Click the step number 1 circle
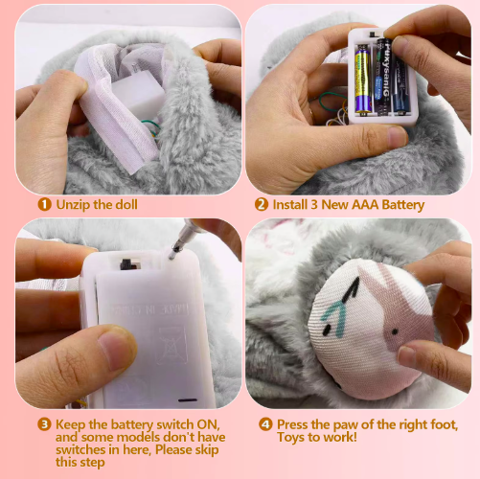click(44, 204)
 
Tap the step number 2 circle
click(262, 204)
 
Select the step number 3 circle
click(44, 424)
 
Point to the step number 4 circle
click(265, 424)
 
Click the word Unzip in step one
click(72, 205)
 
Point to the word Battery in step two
click(403, 205)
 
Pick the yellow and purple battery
click(363, 80)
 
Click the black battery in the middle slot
click(383, 76)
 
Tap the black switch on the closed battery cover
click(126, 263)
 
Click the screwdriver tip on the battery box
click(173, 255)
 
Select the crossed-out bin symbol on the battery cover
click(172, 345)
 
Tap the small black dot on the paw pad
click(395, 332)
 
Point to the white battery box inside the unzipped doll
click(138, 93)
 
